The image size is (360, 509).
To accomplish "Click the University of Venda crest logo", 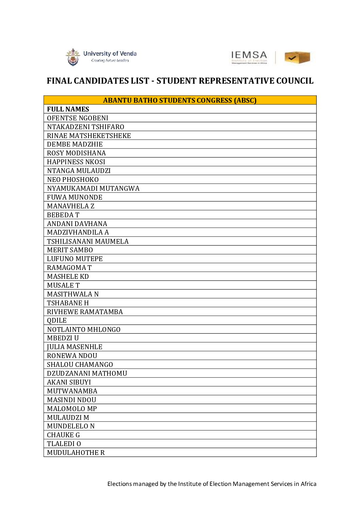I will click(72, 57).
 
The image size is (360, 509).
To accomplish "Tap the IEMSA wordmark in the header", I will click(249, 55).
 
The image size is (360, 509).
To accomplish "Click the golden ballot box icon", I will click(297, 57).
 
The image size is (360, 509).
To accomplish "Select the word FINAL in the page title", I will click(59, 81).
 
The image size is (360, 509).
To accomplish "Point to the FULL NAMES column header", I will click(68, 109).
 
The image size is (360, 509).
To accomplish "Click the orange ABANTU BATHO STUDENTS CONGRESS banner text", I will click(180, 100).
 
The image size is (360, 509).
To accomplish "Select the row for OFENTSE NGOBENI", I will click(78, 118).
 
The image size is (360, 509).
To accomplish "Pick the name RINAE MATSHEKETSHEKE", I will click(89, 136).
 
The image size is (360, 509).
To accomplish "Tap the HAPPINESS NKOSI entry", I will click(76, 162).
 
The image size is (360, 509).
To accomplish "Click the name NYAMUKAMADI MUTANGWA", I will click(93, 188).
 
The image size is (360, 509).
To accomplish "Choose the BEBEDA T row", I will click(63, 215).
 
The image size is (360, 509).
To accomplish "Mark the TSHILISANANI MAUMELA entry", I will click(88, 241).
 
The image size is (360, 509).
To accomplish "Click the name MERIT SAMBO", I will click(70, 250).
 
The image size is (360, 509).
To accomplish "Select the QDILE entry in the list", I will click(57, 321).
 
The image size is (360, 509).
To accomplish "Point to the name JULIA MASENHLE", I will click(75, 347).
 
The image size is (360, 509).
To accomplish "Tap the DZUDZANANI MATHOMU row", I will click(87, 373).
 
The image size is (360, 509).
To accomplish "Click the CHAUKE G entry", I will click(63, 435).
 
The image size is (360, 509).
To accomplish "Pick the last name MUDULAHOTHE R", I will click(76, 453).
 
